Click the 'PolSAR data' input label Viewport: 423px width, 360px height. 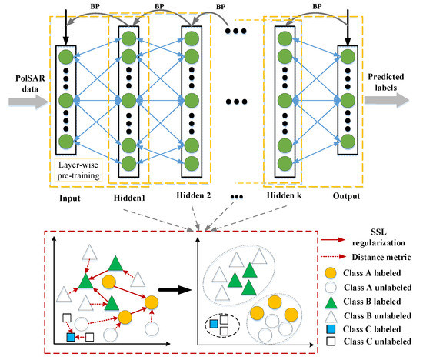[x=30, y=83]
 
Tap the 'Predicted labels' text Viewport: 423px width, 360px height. [x=386, y=82]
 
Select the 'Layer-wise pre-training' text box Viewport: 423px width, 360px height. [x=78, y=170]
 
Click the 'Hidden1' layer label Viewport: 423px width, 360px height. [x=129, y=198]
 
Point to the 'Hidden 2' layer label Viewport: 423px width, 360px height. [x=193, y=195]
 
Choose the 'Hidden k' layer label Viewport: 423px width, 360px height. [x=284, y=195]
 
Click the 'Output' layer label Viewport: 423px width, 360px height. [x=346, y=196]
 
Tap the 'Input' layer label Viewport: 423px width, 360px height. [x=70, y=198]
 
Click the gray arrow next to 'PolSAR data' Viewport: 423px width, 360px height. [x=28, y=102]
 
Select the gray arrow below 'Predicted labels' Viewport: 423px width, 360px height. [x=387, y=101]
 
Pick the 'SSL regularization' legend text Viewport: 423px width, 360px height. [x=378, y=238]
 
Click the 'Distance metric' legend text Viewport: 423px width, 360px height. [x=381, y=257]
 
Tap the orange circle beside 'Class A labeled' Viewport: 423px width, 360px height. [x=331, y=273]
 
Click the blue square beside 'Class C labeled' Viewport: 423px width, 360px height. [x=331, y=329]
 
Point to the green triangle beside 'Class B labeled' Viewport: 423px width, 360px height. [x=331, y=302]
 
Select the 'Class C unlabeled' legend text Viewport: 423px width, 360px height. [x=378, y=342]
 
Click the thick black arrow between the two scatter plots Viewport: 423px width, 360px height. [x=175, y=290]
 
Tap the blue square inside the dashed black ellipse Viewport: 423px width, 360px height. [x=214, y=324]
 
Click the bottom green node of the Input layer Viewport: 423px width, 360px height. [x=66, y=142]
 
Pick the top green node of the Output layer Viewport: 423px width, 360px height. [x=348, y=57]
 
